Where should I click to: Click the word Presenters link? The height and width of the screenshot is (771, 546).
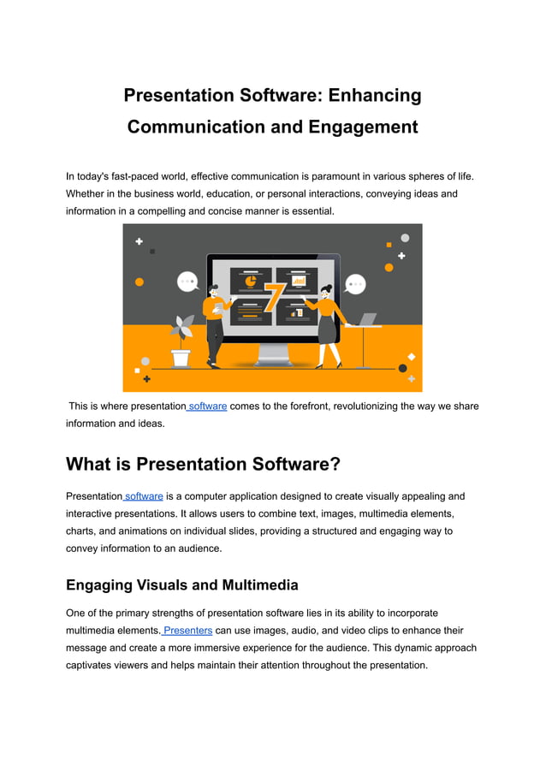tap(187, 631)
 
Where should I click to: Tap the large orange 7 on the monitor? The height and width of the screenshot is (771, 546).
tap(274, 296)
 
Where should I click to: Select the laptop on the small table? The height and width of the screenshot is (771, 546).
tap(366, 319)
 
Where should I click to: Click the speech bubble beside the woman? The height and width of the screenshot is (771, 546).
tap(354, 283)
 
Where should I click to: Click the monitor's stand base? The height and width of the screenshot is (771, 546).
tap(273, 361)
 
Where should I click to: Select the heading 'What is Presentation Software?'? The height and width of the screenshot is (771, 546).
tap(203, 464)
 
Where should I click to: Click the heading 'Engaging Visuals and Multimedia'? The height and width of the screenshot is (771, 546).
tap(182, 585)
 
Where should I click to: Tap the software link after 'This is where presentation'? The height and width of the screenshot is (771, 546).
tap(207, 406)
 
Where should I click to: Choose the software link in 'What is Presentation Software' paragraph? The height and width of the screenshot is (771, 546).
tap(144, 496)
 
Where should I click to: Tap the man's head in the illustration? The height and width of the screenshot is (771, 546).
tap(214, 288)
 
